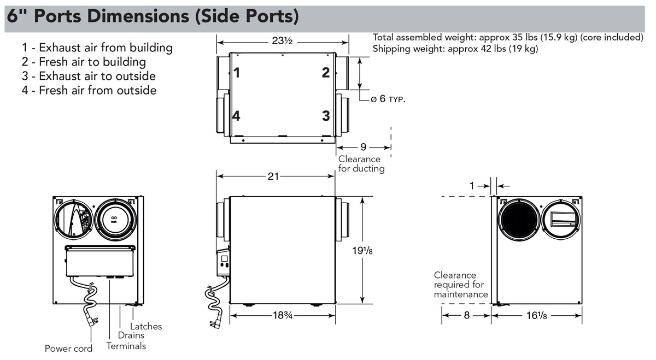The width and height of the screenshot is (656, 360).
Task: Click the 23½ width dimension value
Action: click(283, 40)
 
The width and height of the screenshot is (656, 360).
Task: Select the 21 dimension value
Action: click(274, 176)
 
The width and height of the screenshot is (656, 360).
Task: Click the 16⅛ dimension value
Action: click(536, 316)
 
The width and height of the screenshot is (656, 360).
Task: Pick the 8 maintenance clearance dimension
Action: click(466, 316)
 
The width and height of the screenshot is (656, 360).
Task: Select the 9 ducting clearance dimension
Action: click(364, 147)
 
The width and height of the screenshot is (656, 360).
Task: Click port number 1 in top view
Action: click(237, 72)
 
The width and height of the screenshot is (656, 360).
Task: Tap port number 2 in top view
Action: click(326, 72)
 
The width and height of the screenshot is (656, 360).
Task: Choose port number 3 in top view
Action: click(326, 116)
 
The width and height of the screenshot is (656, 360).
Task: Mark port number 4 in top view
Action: click(236, 116)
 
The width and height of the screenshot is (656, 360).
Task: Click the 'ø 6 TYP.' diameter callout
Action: click(388, 99)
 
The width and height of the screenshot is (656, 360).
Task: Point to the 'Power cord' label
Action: click(68, 349)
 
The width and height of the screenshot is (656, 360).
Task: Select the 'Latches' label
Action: click(146, 326)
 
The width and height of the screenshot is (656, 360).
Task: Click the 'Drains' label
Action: click(131, 335)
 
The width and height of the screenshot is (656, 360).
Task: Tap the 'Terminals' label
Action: click(126, 346)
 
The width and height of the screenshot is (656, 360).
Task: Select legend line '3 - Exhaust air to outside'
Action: click(89, 76)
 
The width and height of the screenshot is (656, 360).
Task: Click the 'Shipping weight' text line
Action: click(455, 49)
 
